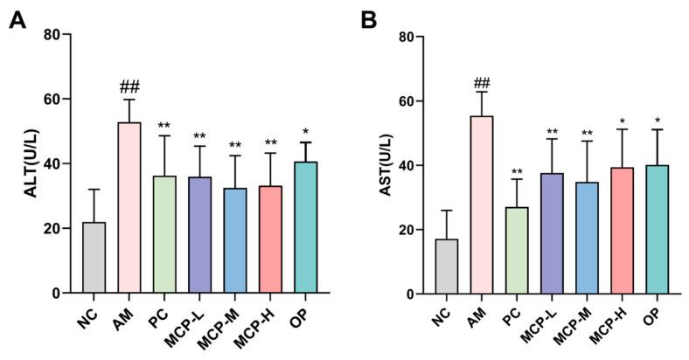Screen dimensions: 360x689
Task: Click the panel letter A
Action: [17, 20]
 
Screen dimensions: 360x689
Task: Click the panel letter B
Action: [370, 20]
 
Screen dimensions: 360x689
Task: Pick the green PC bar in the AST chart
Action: [518, 250]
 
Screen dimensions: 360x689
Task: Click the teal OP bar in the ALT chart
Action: [306, 227]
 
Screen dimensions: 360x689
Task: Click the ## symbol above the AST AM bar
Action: [483, 84]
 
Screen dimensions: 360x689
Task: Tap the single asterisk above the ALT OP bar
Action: [306, 132]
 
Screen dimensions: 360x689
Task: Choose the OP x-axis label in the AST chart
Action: [655, 310]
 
